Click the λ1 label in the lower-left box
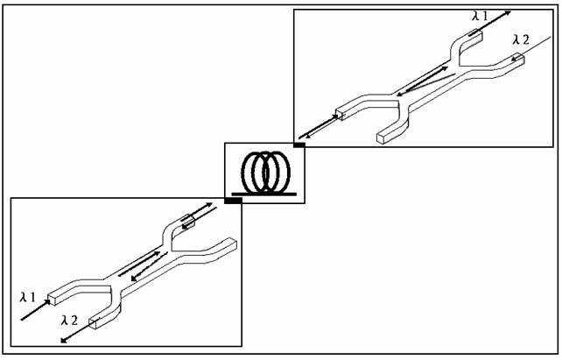pyautogui.click(x=28, y=297)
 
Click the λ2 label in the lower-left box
pyautogui.click(x=69, y=320)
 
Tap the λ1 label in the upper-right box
pyautogui.click(x=480, y=16)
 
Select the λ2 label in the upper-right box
pyautogui.click(x=521, y=39)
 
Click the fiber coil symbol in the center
pyautogui.click(x=266, y=173)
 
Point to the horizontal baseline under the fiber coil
pyautogui.click(x=264, y=194)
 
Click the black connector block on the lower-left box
pyautogui.click(x=233, y=201)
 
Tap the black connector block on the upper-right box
pyautogui.click(x=299, y=145)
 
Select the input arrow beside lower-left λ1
pyautogui.click(x=36, y=310)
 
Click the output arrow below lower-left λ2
pyautogui.click(x=80, y=330)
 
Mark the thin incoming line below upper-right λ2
pyautogui.click(x=531, y=48)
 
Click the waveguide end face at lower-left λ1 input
pyautogui.click(x=53, y=300)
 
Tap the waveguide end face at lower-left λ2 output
pyautogui.click(x=93, y=324)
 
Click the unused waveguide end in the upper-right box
pyautogui.click(x=381, y=138)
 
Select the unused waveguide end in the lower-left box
pyautogui.click(x=233, y=243)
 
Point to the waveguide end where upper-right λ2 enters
pyautogui.click(x=519, y=59)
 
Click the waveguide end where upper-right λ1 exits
pyautogui.click(x=477, y=36)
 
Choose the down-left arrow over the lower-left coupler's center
pyautogui.click(x=150, y=266)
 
